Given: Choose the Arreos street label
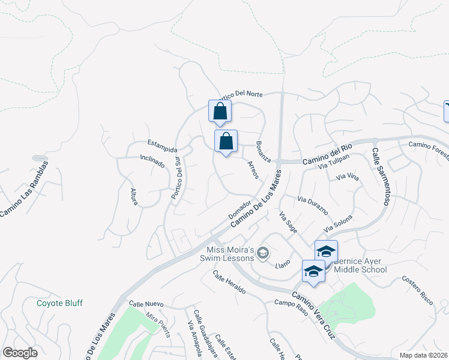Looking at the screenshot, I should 253,170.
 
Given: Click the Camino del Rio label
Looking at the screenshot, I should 327,154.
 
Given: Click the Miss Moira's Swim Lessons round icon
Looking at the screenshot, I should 262,255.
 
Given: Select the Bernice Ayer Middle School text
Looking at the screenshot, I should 360,265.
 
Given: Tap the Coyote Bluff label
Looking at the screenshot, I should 59,303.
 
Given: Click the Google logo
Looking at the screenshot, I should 20,353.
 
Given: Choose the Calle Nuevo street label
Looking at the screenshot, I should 146,304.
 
